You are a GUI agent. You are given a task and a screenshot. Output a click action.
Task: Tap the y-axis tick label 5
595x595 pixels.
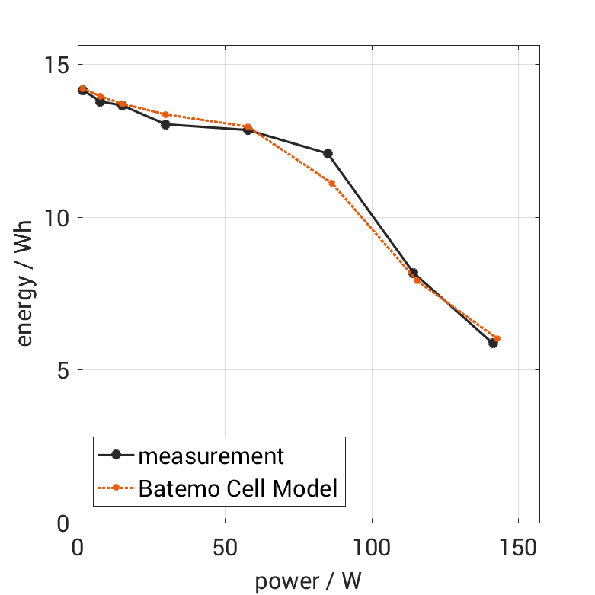(62, 370)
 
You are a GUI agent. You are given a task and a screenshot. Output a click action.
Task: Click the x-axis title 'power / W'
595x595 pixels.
(308, 581)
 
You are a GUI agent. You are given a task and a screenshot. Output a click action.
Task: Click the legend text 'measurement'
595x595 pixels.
(210, 456)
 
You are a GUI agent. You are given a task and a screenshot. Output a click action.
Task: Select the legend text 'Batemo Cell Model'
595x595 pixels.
(238, 488)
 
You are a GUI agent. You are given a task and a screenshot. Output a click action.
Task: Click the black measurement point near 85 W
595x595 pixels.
(328, 153)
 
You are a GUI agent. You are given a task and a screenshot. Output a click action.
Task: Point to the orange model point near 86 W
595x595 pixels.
(331, 183)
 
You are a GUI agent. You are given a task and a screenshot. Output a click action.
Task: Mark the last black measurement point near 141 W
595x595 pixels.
(493, 344)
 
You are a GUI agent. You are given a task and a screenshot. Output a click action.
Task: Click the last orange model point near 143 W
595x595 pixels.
(497, 338)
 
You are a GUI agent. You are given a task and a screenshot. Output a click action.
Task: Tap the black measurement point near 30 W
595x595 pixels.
(165, 124)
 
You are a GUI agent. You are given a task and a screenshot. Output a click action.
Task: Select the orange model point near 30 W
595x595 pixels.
(165, 114)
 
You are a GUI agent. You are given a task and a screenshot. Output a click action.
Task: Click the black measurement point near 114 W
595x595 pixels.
(413, 273)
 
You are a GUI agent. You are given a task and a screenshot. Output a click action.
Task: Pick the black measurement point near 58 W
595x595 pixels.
(248, 130)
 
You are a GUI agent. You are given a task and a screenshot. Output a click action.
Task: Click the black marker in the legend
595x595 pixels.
(116, 456)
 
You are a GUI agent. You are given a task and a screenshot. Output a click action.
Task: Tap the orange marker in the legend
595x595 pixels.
(116, 488)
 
